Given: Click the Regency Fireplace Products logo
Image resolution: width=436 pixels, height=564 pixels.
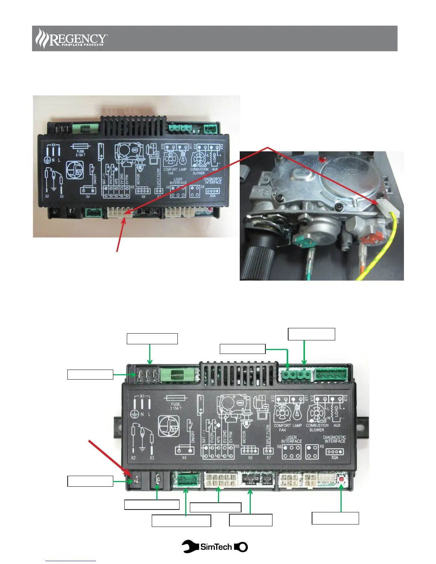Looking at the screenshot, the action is coord(72,38).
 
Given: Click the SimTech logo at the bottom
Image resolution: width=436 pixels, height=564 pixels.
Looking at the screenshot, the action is coord(215,547).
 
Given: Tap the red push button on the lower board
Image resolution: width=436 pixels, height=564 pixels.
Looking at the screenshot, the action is coord(342,479).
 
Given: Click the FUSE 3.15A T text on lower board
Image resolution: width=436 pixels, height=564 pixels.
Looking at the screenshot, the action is coord(176,406).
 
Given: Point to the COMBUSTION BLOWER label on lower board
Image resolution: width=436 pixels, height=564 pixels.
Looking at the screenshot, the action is coord(317,428).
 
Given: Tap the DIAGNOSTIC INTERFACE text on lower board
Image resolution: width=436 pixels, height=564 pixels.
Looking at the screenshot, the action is coord(334,439).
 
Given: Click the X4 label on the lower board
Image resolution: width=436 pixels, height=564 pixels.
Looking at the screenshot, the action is coord(184,458).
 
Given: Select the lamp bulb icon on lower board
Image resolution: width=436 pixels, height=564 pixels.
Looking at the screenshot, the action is coord(297,413).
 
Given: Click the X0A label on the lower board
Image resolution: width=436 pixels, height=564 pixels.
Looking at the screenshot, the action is coord(334,458).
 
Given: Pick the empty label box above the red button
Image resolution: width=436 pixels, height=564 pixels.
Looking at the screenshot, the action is coord(335,518).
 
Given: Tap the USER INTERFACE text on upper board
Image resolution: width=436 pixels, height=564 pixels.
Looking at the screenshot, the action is coord(178,181).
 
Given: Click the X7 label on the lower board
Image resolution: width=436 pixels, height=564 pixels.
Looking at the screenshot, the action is coord(269,458).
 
